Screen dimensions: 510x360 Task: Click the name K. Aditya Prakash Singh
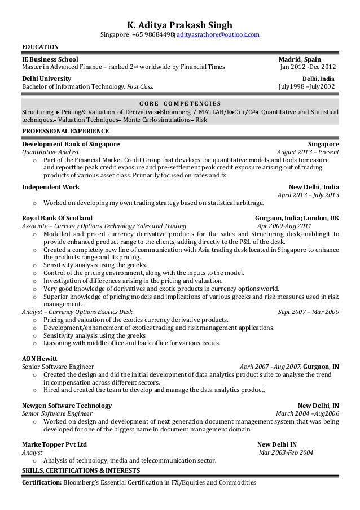point(179,24)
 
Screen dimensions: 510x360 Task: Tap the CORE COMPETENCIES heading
point(179,103)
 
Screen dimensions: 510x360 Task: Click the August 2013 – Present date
point(308,152)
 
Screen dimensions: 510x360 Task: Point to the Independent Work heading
point(50,187)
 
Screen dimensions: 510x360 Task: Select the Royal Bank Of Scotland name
point(57,217)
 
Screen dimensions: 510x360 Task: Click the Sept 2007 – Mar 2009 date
point(309,311)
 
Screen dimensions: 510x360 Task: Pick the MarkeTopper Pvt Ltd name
point(54,444)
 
